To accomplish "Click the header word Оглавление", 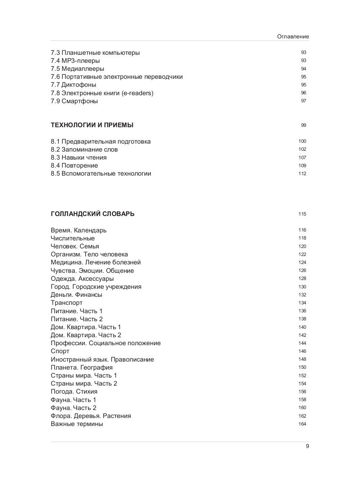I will (293, 36).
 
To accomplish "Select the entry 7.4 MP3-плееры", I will (75, 61).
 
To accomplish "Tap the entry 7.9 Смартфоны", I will (74, 101).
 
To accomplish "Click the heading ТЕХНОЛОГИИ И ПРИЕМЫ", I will (92, 125).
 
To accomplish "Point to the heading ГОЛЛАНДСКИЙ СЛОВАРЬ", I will (93, 214).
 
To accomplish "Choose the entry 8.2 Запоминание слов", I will (84, 150).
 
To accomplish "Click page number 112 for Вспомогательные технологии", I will (302, 174).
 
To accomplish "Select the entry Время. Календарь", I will (79, 230).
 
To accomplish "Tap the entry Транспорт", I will (67, 303).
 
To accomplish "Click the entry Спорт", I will (60, 351).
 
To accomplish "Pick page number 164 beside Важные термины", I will (302, 424).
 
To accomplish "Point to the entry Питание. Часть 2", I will (77, 319).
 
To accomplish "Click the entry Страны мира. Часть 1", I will (84, 376).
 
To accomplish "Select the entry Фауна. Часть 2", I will (74, 408).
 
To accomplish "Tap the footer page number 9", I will (307, 447).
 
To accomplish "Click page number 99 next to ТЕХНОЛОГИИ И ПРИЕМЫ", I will (303, 125).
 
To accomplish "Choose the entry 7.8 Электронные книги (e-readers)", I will (102, 93).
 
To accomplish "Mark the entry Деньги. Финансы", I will (76, 295).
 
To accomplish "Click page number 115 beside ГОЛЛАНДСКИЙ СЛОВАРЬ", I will (302, 214).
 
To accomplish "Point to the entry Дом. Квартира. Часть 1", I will (86, 327).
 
